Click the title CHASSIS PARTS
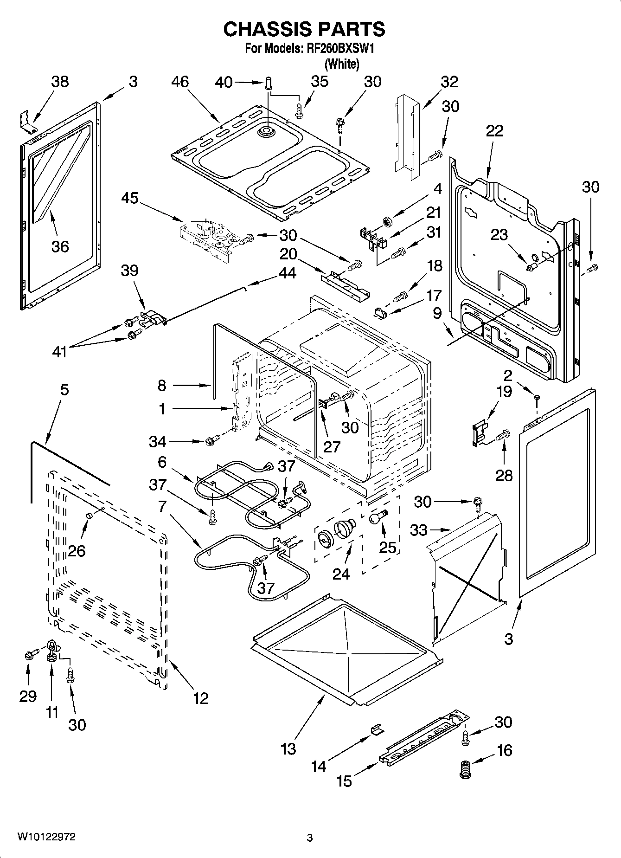point(304,29)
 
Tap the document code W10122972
point(47,837)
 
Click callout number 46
point(180,82)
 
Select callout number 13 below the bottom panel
point(288,748)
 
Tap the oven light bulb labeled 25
point(377,517)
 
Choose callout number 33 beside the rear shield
point(418,529)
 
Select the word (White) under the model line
point(342,64)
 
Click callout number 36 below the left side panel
point(60,246)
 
